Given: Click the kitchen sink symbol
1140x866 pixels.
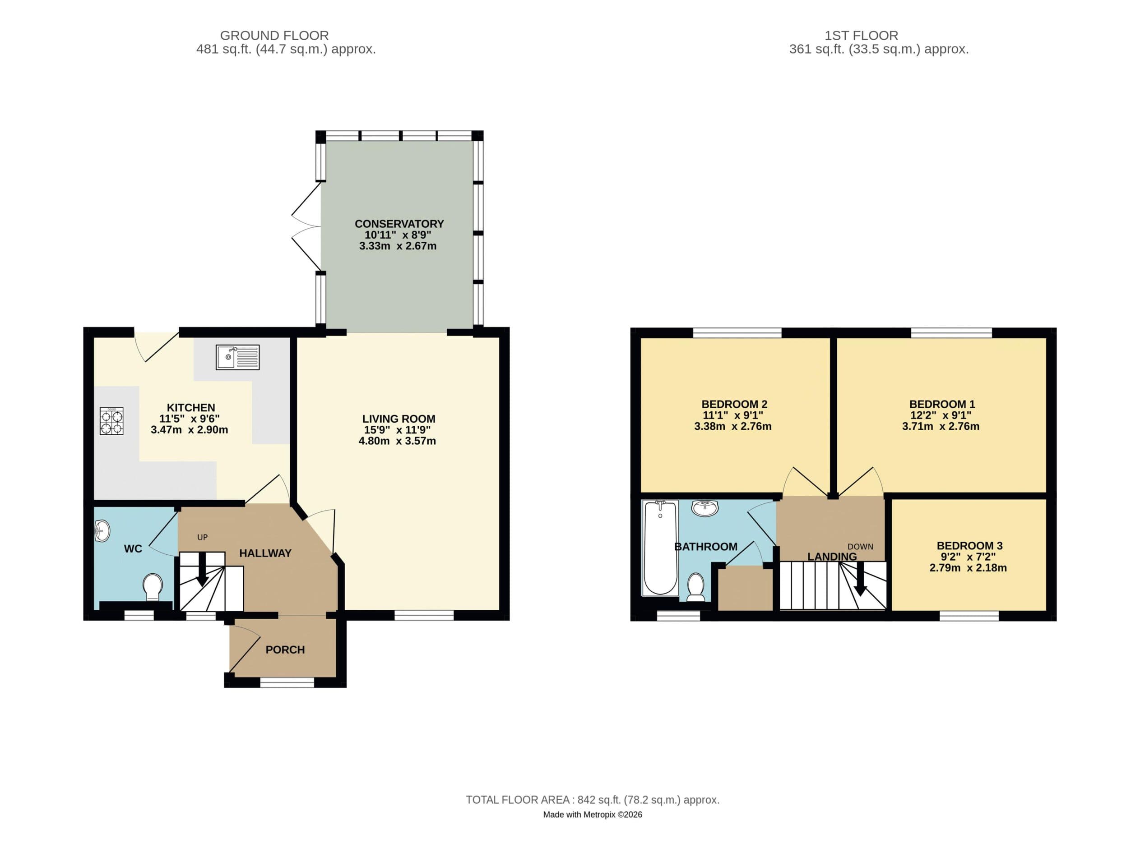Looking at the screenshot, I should [x=237, y=357].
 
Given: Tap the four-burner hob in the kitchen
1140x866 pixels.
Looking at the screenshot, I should [x=111, y=421].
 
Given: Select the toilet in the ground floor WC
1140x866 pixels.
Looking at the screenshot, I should [x=153, y=587].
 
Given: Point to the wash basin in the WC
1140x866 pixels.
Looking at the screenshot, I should [x=102, y=530].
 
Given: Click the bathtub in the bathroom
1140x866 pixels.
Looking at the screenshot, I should [x=660, y=548].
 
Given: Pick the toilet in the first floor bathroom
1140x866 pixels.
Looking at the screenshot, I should [x=696, y=588].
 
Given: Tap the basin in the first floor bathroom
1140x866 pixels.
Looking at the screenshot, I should [x=704, y=508].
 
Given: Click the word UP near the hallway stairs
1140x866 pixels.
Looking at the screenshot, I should [x=202, y=537].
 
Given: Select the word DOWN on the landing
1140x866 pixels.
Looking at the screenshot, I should [x=860, y=546].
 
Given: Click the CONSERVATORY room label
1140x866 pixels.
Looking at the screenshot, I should [x=399, y=224].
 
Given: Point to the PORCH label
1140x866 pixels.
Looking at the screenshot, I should [x=285, y=649].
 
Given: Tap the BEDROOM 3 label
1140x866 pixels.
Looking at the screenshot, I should [x=969, y=545].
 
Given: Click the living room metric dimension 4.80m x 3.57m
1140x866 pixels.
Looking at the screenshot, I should [x=397, y=441].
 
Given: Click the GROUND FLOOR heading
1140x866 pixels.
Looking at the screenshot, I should [x=274, y=36].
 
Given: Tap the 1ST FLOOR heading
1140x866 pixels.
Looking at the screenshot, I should [x=861, y=36].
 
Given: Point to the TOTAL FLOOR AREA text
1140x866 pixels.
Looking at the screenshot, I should [x=592, y=800].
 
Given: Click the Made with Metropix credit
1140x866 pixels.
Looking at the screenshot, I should [x=592, y=815].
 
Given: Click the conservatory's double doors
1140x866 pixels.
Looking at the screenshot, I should [x=306, y=227].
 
